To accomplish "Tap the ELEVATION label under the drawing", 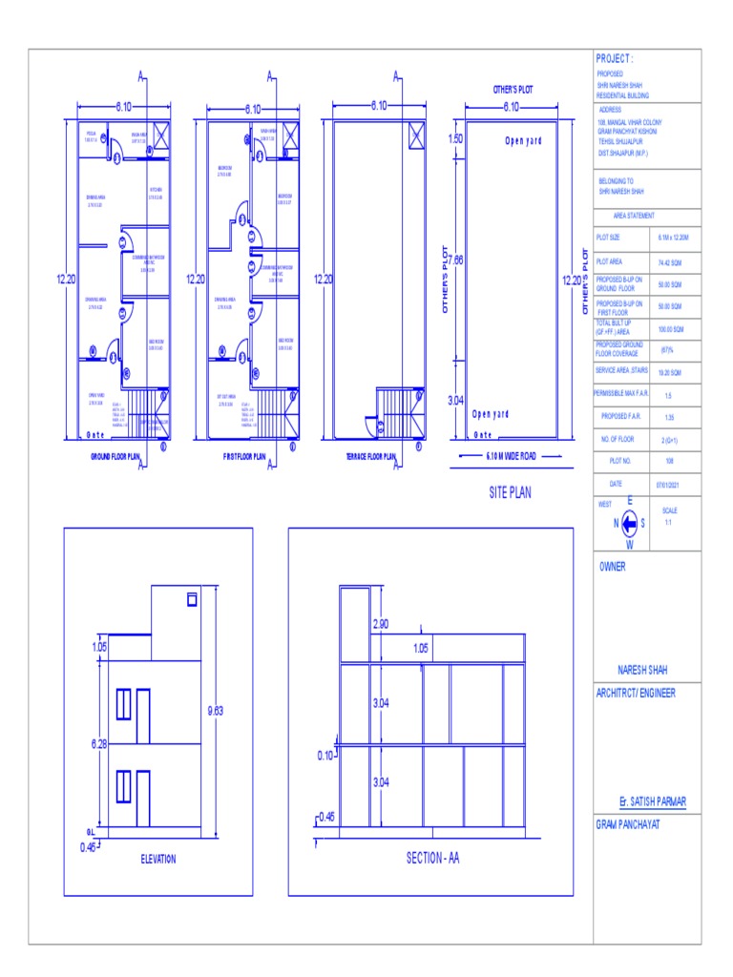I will click(x=158, y=859).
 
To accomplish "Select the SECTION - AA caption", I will click(x=432, y=859).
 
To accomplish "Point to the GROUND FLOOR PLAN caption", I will click(x=115, y=456).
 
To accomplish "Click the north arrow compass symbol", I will click(x=629, y=523).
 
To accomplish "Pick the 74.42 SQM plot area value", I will click(x=668, y=260).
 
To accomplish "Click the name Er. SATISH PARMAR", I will click(x=653, y=801).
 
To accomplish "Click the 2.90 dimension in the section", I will click(x=380, y=623).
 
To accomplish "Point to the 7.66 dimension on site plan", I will click(x=456, y=259).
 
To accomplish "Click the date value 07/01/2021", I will click(x=668, y=485).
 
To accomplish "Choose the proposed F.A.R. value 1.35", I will click(x=668, y=416).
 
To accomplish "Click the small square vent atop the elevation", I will click(x=191, y=599).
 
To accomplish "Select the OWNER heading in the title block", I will click(x=613, y=565).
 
